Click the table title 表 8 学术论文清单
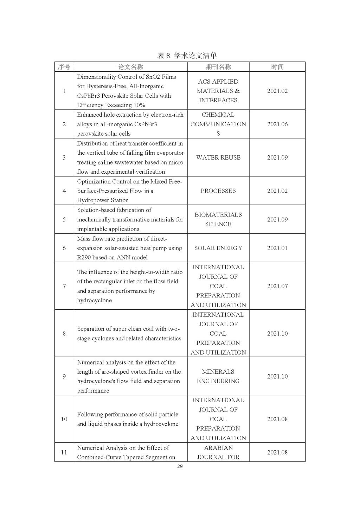[187, 56]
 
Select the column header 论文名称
[130, 67]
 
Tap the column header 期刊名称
[218, 67]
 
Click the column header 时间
[277, 67]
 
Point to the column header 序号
[64, 67]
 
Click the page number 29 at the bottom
[180, 466]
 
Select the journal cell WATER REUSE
[218, 157]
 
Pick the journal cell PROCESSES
[218, 191]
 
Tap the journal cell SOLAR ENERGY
[218, 248]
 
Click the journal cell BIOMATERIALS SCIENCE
[218, 219]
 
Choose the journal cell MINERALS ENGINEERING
[218, 376]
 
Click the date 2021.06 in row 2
[277, 124]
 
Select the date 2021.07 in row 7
[277, 286]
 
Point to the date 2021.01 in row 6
[277, 248]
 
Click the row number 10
[64, 419]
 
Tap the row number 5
[64, 219]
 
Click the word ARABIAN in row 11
[218, 448]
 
